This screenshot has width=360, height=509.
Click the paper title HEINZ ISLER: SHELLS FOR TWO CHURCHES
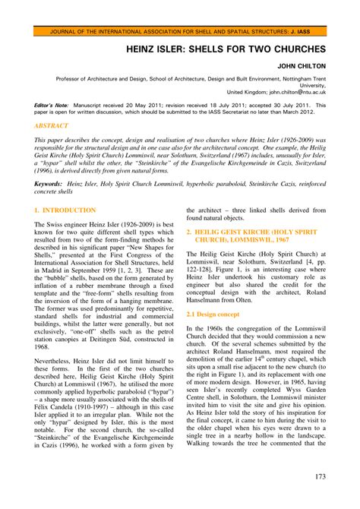pyautogui.click(x=226, y=47)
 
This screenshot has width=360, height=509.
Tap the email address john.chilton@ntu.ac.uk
pyautogui.click(x=289, y=92)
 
